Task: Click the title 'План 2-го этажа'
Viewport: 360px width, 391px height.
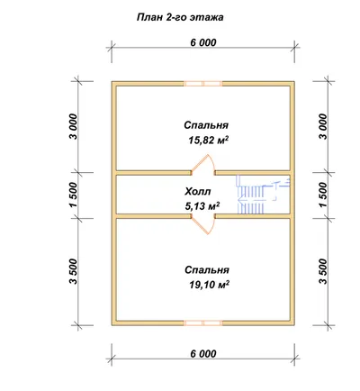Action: point(180,17)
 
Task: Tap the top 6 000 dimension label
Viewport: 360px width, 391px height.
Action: point(203,42)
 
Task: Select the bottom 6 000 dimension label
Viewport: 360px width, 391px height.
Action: point(203,354)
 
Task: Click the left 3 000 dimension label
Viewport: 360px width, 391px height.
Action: point(74,126)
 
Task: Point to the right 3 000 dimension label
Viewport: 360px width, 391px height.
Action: point(323,126)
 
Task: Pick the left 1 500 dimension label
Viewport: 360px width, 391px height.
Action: point(74,195)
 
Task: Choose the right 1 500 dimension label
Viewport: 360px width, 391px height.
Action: point(323,195)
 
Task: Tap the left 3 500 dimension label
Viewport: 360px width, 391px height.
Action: point(74,271)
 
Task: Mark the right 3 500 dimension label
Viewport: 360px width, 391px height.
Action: point(323,271)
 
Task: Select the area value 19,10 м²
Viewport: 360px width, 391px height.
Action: point(209,285)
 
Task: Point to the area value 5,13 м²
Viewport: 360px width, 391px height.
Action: point(202,206)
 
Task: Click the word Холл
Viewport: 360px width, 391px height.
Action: point(198,191)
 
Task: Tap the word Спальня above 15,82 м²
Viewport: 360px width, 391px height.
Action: point(206,125)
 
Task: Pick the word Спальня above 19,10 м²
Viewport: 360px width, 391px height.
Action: point(207,270)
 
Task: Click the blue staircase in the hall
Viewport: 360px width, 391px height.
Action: point(264,195)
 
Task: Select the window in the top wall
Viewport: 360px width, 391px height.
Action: point(203,84)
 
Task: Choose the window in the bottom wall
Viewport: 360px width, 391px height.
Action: point(203,323)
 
